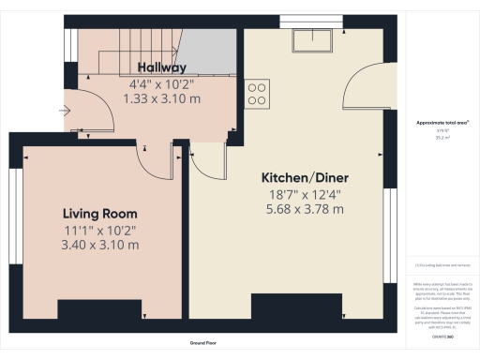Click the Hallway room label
coord(162,67)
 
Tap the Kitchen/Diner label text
coord(300,177)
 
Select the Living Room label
coord(100,213)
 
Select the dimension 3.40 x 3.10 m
coord(100,245)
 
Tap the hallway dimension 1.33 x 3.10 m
coord(162,97)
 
